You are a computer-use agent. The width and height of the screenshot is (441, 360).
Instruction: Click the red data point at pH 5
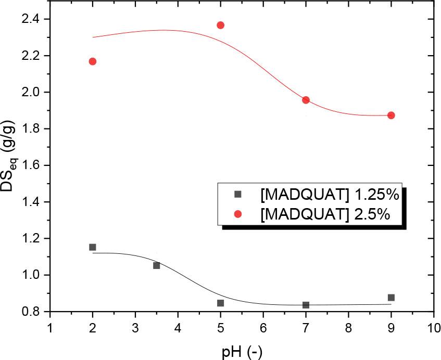[220, 25]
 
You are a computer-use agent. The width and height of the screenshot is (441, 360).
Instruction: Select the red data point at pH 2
[93, 61]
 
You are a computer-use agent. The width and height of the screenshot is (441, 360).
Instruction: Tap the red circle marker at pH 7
[306, 100]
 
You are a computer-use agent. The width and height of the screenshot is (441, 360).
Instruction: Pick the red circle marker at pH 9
[391, 115]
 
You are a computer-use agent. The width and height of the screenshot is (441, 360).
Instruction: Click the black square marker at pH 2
[93, 247]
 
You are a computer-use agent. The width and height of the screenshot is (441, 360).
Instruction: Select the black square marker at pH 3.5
[156, 265]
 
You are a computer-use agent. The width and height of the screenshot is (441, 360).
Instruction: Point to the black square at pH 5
[220, 303]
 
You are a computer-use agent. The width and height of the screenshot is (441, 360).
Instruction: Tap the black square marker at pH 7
[306, 305]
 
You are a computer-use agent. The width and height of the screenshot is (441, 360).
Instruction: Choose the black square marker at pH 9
[391, 298]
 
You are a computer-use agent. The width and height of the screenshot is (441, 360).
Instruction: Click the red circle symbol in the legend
[237, 214]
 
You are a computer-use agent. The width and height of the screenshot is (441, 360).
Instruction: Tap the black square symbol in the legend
[237, 195]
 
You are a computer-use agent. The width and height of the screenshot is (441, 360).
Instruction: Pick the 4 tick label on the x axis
[178, 329]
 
